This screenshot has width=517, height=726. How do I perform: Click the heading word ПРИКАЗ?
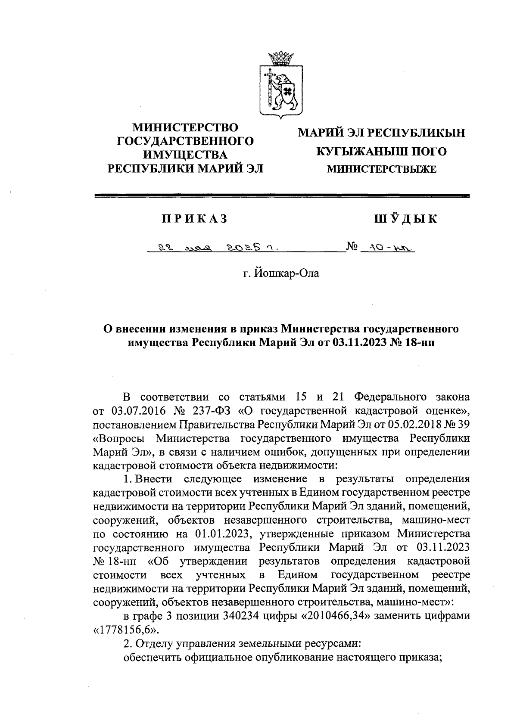pyautogui.click(x=194, y=219)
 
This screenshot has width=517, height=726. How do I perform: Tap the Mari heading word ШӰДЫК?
pyautogui.click(x=405, y=219)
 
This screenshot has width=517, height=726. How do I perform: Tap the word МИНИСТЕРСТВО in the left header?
pyautogui.click(x=185, y=127)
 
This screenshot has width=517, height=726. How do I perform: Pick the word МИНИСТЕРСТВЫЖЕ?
pyautogui.click(x=382, y=170)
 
